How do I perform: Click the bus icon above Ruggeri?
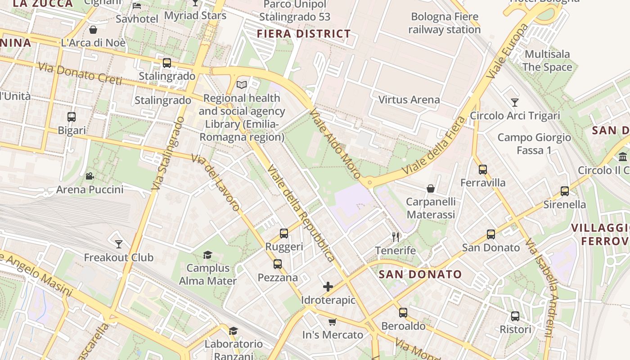tap(283, 233)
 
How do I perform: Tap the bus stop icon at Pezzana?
tap(278, 264)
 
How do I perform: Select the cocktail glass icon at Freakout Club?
tap(119, 244)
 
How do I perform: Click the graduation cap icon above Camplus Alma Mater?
tap(207, 255)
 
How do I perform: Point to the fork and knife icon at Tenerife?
tap(396, 237)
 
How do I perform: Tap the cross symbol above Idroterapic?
tap(328, 287)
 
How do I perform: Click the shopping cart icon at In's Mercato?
tap(333, 321)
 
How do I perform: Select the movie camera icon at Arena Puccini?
tap(90, 176)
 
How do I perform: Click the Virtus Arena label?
tap(409, 100)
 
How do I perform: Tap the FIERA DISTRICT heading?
tap(304, 34)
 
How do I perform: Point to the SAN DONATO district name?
tap(420, 274)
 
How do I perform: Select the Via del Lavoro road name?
tap(216, 182)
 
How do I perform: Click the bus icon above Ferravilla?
tap(483, 170)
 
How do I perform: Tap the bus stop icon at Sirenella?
tap(565, 191)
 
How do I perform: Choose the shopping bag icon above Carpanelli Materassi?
tap(431, 188)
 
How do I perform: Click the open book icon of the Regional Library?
tap(242, 85)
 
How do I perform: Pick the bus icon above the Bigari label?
tap(72, 117)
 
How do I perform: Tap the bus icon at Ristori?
tap(515, 316)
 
